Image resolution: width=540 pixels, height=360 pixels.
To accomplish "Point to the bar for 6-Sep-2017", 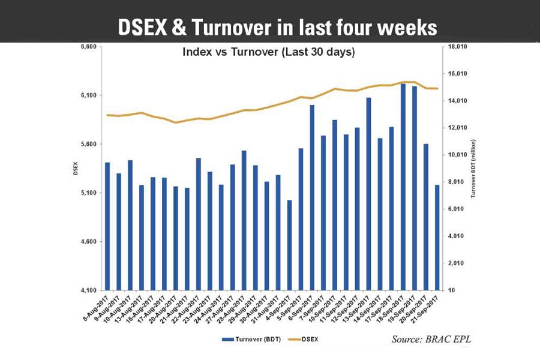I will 313,197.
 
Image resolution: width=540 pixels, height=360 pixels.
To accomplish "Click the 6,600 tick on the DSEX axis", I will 88,47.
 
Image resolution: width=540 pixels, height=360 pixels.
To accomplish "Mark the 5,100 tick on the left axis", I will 88,193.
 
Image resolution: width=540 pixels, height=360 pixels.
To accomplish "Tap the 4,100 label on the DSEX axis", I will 88,290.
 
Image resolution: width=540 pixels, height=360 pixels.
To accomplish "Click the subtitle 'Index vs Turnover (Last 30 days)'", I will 268,53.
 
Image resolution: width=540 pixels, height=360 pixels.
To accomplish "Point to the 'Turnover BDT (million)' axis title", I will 473,169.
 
